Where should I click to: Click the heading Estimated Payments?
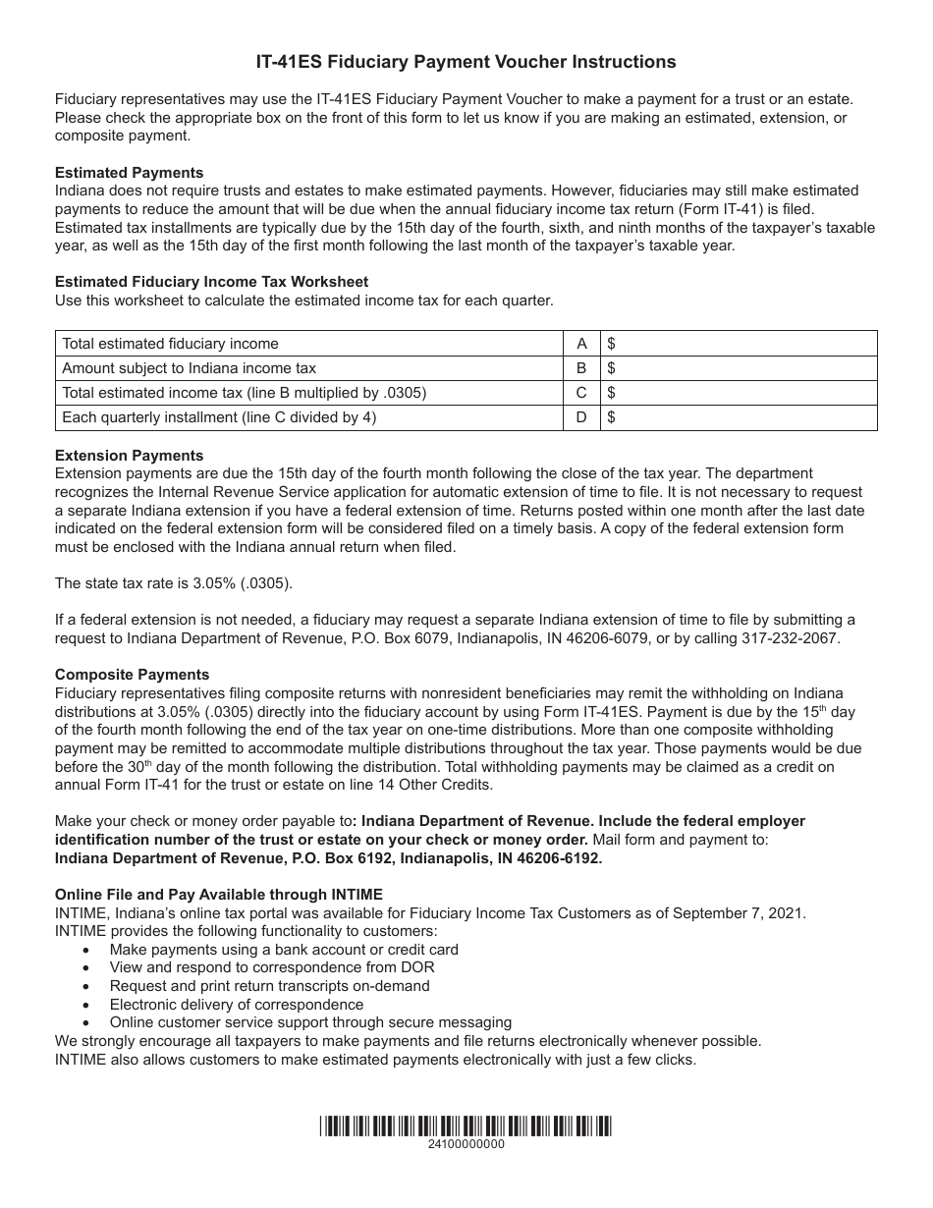(130, 173)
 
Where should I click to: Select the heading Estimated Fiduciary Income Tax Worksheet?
(212, 282)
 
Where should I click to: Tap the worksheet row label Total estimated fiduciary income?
(171, 344)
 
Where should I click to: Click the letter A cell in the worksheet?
(581, 344)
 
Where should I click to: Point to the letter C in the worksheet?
(581, 393)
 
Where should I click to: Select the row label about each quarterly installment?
(219, 417)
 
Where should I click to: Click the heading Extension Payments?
(130, 456)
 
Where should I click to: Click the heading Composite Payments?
(133, 675)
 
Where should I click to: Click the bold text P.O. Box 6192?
(340, 857)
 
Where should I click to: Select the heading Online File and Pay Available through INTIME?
(219, 895)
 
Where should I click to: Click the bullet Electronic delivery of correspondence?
(237, 1005)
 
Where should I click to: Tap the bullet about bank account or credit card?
(284, 950)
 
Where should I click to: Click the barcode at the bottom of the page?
(466, 1126)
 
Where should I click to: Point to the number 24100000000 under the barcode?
(466, 1145)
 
